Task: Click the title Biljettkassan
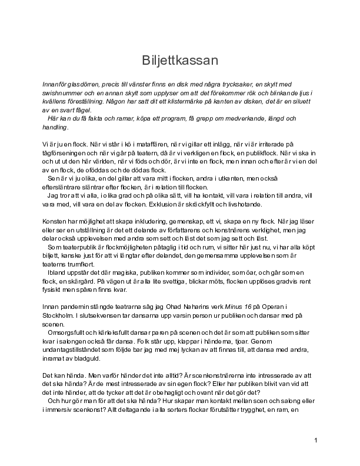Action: tap(180, 61)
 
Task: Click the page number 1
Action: tap(316, 440)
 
